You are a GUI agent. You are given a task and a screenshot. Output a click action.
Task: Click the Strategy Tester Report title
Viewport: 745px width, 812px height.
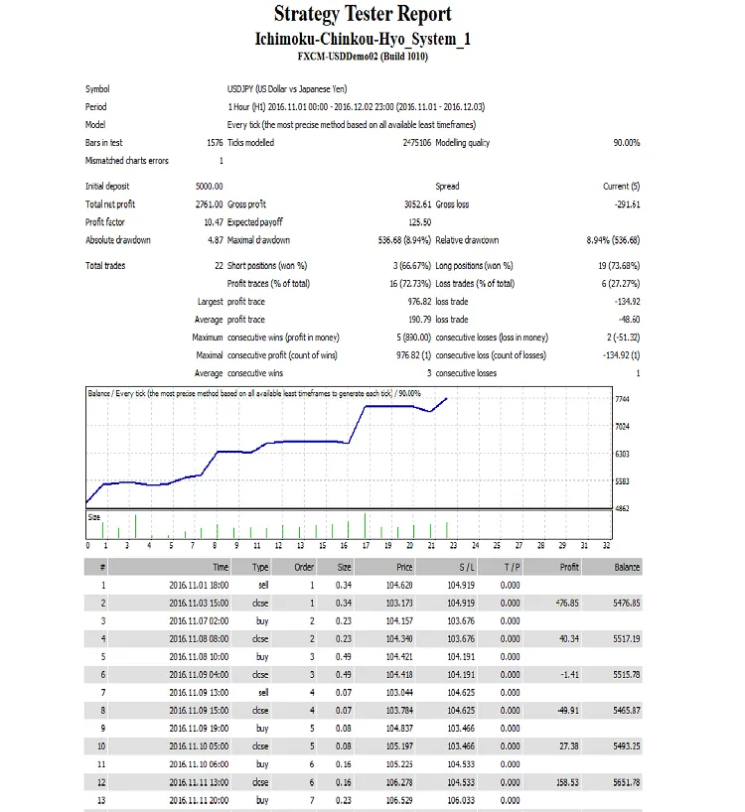[363, 15]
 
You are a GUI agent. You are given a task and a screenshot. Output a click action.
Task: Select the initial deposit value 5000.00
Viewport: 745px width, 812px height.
[210, 186]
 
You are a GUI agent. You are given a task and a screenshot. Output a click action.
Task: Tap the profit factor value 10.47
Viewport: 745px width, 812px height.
[213, 222]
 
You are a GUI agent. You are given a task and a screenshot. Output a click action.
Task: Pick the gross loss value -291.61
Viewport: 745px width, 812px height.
[622, 203]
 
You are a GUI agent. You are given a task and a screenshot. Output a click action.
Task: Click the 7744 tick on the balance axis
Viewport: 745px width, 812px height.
[623, 399]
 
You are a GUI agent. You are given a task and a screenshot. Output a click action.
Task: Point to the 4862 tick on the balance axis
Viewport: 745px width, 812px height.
[623, 508]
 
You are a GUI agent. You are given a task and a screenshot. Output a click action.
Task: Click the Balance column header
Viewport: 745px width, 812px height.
[626, 567]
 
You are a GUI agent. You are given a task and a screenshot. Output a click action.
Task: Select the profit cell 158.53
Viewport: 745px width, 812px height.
[566, 782]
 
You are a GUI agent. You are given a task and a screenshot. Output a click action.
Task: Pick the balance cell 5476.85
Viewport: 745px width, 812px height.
[624, 603]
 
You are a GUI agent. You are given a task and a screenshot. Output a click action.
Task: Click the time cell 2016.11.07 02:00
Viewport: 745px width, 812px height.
[199, 620]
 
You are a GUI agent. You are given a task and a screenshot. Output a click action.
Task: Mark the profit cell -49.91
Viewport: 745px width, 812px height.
[566, 711]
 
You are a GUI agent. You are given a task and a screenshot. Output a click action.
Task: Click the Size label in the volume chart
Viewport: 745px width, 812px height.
[95, 517]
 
